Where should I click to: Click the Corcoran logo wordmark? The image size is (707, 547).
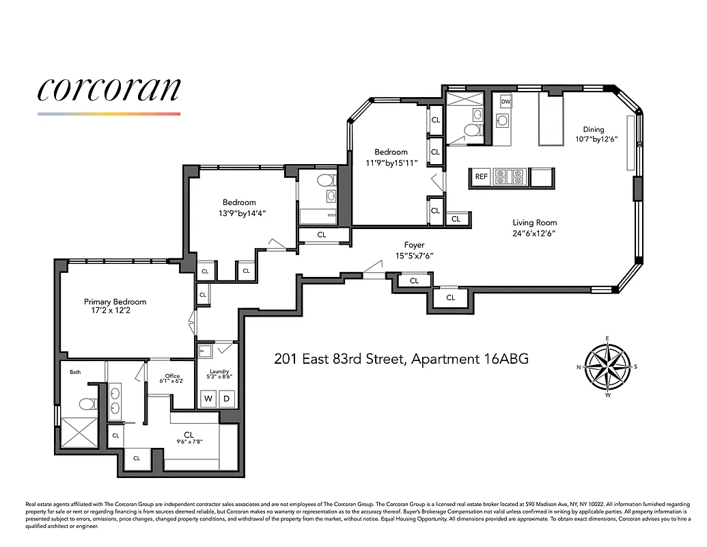109,89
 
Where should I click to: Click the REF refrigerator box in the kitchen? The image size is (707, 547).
481,176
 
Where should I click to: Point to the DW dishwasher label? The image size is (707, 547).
505,102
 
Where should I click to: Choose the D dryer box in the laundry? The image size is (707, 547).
227,398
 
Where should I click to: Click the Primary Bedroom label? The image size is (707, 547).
115,302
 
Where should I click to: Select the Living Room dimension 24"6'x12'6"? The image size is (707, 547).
534,233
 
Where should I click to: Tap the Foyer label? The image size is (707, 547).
414,245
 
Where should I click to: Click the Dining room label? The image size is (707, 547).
594,129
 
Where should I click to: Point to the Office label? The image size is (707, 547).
172,376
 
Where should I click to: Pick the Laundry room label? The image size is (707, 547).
219,372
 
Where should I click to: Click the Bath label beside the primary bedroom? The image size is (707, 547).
75,372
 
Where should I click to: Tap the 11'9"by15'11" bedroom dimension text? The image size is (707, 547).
391,163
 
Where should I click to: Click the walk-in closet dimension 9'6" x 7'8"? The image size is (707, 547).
190,442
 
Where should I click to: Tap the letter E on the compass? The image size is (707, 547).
607,338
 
